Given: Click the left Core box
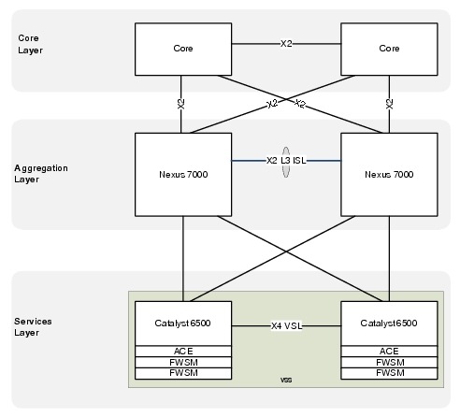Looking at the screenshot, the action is click(x=183, y=49).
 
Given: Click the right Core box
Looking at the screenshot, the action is click(x=389, y=49).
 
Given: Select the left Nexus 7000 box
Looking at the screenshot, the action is click(x=183, y=175).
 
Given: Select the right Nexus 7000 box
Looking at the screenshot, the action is click(x=389, y=175).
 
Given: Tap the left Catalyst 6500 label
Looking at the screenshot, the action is click(x=182, y=324).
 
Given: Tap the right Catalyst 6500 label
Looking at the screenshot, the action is click(x=389, y=324).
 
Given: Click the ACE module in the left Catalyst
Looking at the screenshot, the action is click(x=183, y=352).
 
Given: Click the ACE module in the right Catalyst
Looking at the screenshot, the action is click(x=389, y=352).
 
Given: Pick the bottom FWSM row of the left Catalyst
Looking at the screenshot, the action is click(x=183, y=373).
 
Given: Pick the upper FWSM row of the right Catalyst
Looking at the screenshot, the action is click(x=389, y=363).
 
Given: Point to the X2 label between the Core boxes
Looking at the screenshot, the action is click(x=286, y=44).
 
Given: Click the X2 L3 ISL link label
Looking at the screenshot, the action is click(x=286, y=161).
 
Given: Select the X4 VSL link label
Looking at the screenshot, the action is click(x=286, y=326).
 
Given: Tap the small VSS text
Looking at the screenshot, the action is click(x=286, y=380).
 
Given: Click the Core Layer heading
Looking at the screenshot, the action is click(x=30, y=44).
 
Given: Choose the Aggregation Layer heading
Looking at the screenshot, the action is click(x=41, y=174).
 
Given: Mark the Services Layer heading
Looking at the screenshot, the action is click(x=33, y=327).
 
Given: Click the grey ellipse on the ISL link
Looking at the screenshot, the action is click(x=286, y=162).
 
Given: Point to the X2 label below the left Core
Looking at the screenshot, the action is click(x=181, y=104).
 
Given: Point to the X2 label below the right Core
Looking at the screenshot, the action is click(x=389, y=104).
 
